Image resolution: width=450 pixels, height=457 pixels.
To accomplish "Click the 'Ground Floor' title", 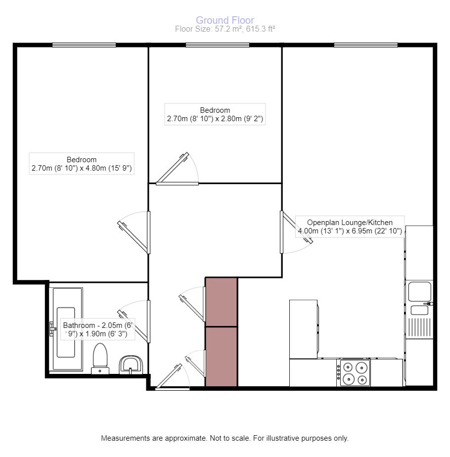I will (x=225, y=20).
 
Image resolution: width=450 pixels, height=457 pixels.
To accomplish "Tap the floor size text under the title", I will (x=225, y=29).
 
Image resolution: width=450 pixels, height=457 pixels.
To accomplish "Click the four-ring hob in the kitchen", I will (x=355, y=373).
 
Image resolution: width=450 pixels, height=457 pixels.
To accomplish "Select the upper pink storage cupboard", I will (x=221, y=301).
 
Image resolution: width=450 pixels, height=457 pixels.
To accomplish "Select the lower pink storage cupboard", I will (x=221, y=356).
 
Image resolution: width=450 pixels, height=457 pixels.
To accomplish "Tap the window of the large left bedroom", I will (x=84, y=45).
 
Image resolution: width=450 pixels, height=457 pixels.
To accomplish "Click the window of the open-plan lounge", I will (x=365, y=45).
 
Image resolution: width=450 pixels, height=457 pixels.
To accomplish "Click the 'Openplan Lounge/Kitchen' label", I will (x=350, y=227).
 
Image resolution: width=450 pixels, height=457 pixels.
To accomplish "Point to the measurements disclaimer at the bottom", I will (x=225, y=438).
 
